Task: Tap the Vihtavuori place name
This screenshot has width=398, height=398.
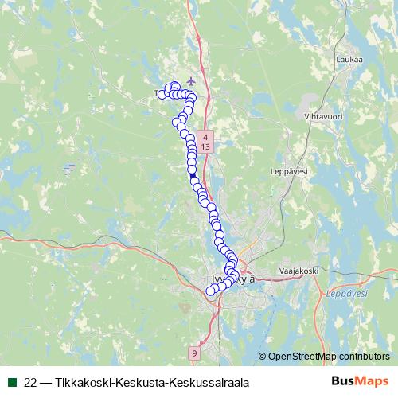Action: pyautogui.click(x=318, y=117)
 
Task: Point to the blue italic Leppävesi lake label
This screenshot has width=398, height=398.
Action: pyautogui.click(x=344, y=294)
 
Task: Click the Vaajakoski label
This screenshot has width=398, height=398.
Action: pyautogui.click(x=298, y=272)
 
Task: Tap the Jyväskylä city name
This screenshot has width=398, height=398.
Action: pyautogui.click(x=234, y=279)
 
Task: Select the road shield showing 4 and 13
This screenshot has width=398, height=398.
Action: pyautogui.click(x=206, y=142)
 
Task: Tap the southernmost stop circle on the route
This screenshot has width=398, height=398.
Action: pyautogui.click(x=211, y=291)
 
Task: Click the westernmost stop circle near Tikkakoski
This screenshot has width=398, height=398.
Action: pyautogui.click(x=162, y=95)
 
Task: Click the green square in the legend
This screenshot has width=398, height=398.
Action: pyautogui.click(x=11, y=383)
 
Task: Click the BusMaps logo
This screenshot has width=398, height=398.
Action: pyautogui.click(x=359, y=382)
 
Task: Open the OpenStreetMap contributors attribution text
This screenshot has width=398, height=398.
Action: pyautogui.click(x=329, y=357)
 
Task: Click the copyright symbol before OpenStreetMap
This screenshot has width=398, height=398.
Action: pyautogui.click(x=262, y=357)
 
